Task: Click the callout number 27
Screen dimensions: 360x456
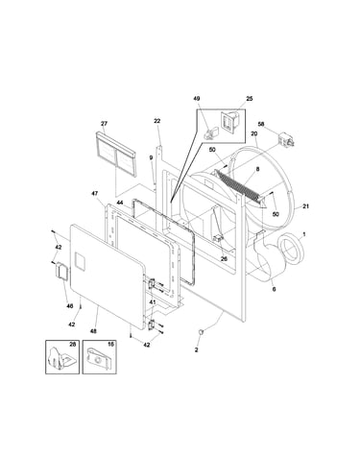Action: coord(104,124)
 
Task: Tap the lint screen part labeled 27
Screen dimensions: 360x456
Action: coord(116,154)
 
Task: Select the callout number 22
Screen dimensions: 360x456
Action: coord(156,121)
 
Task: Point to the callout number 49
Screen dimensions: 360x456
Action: coord(197,98)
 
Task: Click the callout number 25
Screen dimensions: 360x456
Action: coord(249,99)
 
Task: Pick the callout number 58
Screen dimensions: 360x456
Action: coord(261,124)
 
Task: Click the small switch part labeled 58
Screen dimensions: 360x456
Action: coord(286,139)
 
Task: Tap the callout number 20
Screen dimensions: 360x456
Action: coord(254,133)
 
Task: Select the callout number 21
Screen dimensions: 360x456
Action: coord(305,206)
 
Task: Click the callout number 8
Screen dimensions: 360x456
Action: coord(257,169)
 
